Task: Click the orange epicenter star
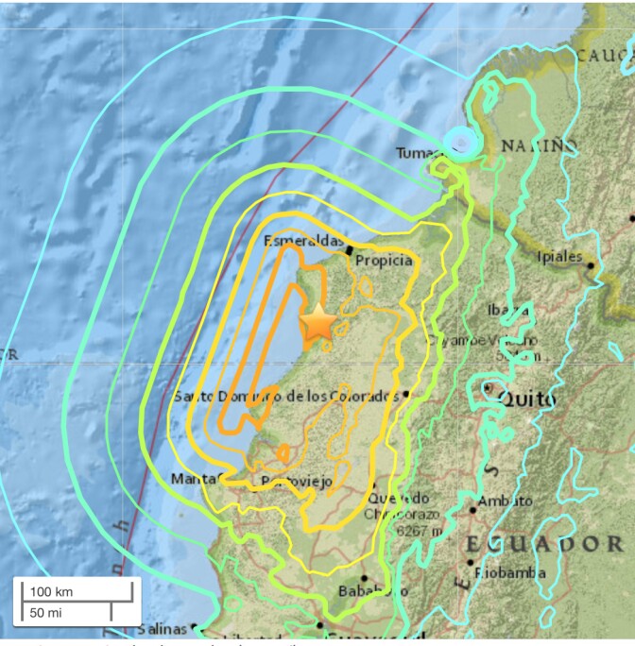tap(318, 324)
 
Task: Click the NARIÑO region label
tap(539, 145)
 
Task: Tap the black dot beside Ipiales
tap(592, 265)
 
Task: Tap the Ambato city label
tap(505, 501)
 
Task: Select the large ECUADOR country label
tap(543, 544)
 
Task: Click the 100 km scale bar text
tap(52, 592)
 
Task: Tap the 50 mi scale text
tap(46, 612)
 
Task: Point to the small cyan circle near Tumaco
tap(460, 142)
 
